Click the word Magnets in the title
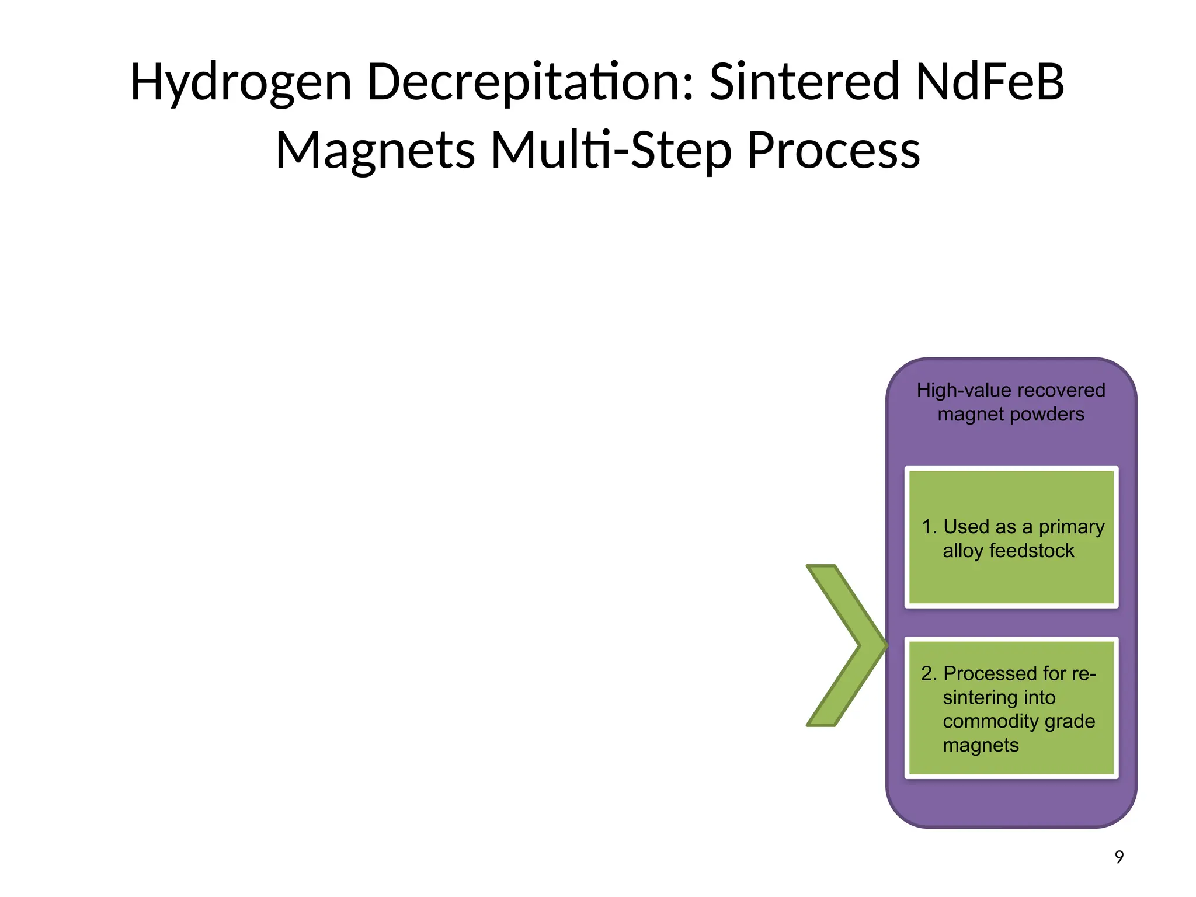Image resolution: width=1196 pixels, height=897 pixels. click(375, 151)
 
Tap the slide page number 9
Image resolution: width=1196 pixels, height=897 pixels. click(1119, 857)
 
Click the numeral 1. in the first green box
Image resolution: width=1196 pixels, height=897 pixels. click(929, 527)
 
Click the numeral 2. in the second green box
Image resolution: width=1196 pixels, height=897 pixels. click(929, 673)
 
